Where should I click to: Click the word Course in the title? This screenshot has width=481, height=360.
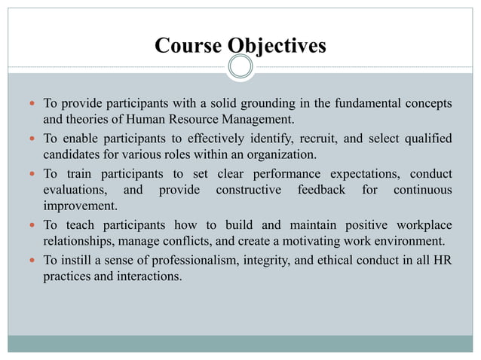186,46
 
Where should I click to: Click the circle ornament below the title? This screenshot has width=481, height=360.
240,68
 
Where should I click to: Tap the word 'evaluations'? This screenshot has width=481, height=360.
75,190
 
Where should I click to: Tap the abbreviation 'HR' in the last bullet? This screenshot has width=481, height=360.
443,261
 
